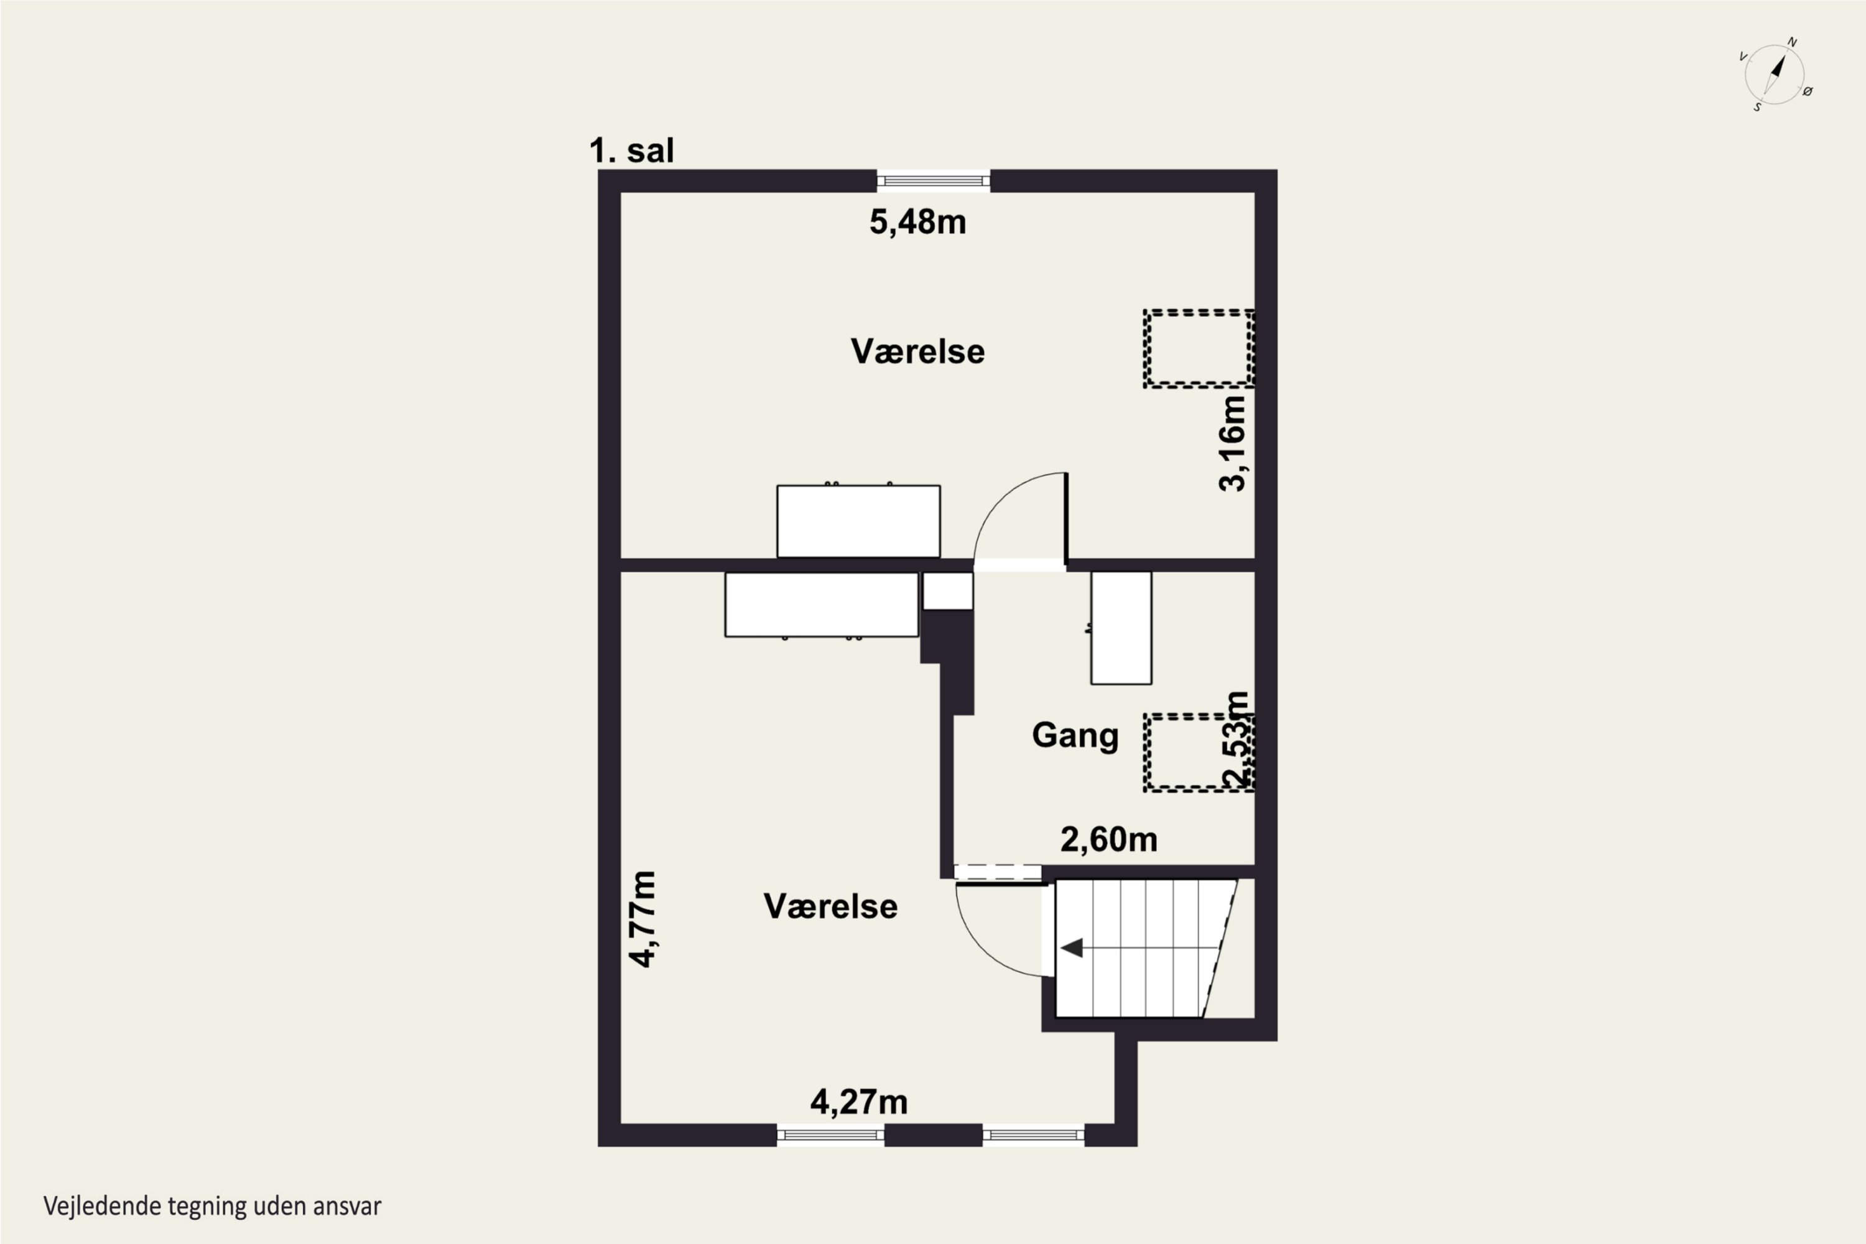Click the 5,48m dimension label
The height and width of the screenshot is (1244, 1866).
click(918, 222)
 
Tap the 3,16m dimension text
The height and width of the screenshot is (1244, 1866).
click(1233, 443)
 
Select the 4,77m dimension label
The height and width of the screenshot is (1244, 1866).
click(643, 919)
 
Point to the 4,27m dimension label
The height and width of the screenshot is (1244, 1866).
click(858, 1102)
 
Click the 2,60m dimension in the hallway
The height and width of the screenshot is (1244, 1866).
click(1109, 839)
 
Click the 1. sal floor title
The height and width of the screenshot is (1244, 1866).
click(631, 150)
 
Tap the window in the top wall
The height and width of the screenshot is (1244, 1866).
click(934, 181)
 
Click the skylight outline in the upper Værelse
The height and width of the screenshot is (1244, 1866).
click(1199, 349)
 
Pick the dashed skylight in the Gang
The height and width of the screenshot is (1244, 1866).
click(1199, 753)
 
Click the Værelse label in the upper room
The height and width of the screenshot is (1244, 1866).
click(918, 351)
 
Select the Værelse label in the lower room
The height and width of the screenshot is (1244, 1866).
click(830, 906)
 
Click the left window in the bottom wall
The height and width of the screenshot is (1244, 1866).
click(830, 1135)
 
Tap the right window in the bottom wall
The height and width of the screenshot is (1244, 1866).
click(1034, 1135)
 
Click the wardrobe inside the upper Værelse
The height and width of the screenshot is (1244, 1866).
click(858, 521)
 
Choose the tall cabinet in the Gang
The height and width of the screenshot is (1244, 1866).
click(1121, 628)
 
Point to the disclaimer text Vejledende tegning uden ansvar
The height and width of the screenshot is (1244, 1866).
click(213, 1207)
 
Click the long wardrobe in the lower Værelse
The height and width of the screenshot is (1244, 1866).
click(821, 605)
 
